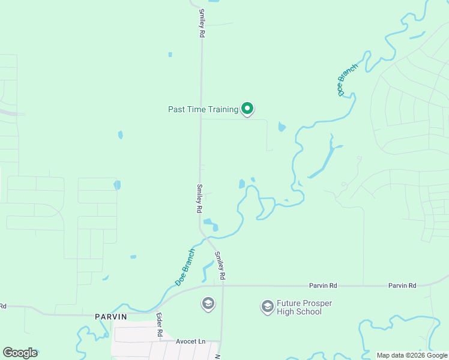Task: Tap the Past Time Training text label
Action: click(x=203, y=109)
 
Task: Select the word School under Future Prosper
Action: click(x=309, y=312)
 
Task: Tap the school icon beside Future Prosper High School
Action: click(x=267, y=307)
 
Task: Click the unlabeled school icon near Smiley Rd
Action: click(x=208, y=304)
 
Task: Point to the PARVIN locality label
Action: click(x=110, y=316)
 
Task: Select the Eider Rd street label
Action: click(x=160, y=325)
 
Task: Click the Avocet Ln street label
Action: click(x=190, y=341)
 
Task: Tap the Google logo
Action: click(x=20, y=353)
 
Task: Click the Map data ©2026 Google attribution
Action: click(x=412, y=355)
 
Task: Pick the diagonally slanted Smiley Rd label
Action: click(x=220, y=266)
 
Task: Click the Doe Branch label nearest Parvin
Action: click(x=185, y=267)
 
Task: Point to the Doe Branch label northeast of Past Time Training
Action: click(x=348, y=80)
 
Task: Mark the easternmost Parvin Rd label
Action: click(x=402, y=286)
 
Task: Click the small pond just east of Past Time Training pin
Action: click(x=282, y=127)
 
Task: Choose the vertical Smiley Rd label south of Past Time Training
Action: click(x=199, y=199)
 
